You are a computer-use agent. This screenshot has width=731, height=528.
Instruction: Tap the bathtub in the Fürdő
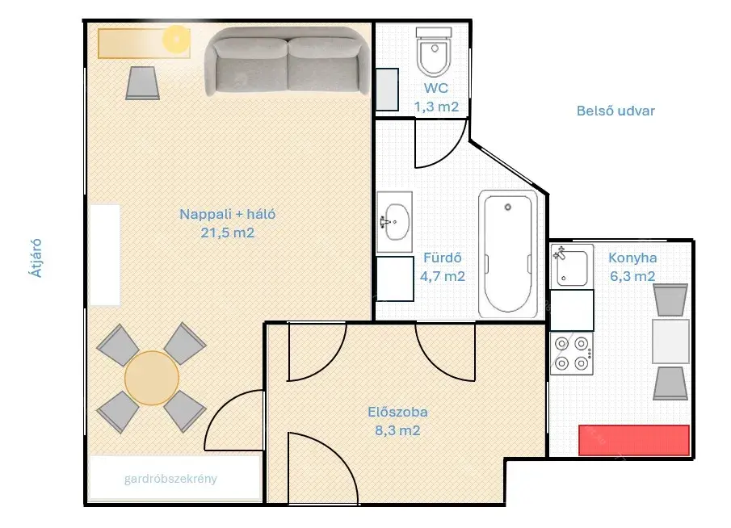pyautogui.click(x=508, y=254)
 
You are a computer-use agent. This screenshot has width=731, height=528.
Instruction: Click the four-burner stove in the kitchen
pyautogui.click(x=572, y=354)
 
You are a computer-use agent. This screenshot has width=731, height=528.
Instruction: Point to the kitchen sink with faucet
pyautogui.click(x=572, y=266)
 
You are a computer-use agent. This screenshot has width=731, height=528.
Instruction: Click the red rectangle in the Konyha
pyautogui.click(x=634, y=440)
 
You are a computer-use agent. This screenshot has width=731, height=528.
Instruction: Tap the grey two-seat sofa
pyautogui.click(x=288, y=61)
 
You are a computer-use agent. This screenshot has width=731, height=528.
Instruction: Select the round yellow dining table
pyautogui.click(x=152, y=378)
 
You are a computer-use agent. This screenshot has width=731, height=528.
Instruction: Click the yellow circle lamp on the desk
pyautogui.click(x=176, y=39)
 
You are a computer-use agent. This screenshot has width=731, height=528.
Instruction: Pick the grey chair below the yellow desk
pyautogui.click(x=143, y=83)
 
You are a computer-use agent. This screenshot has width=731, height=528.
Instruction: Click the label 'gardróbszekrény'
pyautogui.click(x=170, y=479)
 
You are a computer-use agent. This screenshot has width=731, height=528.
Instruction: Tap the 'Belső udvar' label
pyautogui.click(x=615, y=111)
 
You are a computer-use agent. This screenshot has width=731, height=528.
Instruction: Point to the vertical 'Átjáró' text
pyautogui.click(x=36, y=258)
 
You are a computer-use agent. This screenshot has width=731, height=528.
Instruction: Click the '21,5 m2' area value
pyautogui.click(x=228, y=233)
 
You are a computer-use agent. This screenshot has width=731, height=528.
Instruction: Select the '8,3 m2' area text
pyautogui.click(x=397, y=430)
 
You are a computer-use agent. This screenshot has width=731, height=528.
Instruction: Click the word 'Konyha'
pyautogui.click(x=632, y=258)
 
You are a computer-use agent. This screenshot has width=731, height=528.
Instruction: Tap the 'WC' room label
pyautogui.click(x=436, y=88)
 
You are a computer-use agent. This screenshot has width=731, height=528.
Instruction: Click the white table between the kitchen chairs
pyautogui.click(x=670, y=342)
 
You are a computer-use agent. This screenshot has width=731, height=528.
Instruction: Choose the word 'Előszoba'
pyautogui.click(x=397, y=412)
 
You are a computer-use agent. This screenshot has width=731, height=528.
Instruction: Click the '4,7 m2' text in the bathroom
pyautogui.click(x=443, y=276)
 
